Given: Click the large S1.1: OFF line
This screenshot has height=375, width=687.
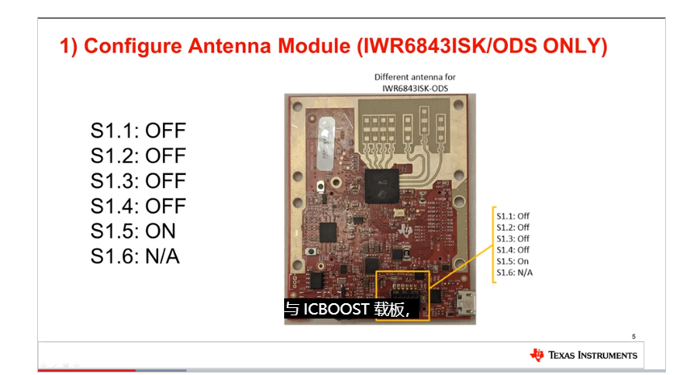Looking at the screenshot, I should click(138, 130).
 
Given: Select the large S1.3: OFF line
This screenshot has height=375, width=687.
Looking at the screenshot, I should click(138, 180).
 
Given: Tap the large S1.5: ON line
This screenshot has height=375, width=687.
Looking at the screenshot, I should click(133, 231).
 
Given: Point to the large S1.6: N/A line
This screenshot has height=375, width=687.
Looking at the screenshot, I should click(135, 256).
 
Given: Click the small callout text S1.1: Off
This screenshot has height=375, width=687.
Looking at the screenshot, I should click(513, 216).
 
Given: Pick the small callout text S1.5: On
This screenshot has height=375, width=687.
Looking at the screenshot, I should click(513, 261).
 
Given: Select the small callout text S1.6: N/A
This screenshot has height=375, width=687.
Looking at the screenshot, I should click(514, 273).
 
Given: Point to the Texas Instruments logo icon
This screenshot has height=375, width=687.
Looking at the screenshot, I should click(537, 355).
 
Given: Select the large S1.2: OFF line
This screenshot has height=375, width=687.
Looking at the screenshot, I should click(138, 155).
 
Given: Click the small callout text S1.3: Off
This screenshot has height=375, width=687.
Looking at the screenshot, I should click(513, 239).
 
